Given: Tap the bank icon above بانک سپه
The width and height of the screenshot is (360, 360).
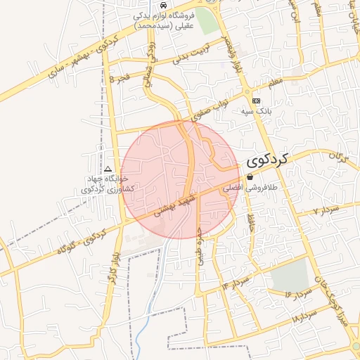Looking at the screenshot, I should point(255,101).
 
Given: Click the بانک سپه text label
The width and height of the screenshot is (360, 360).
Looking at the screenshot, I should point(257,112).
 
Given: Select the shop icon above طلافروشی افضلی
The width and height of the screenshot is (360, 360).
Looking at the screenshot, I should point(250,178).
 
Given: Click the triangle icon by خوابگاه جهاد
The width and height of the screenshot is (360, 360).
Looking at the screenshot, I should point(108,169).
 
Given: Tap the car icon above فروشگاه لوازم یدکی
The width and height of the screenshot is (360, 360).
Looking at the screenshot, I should point(164,4).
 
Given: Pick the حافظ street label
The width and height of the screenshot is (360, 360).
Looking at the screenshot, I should point(250,224).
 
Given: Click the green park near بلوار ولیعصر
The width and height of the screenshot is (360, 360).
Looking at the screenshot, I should point(207,20).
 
